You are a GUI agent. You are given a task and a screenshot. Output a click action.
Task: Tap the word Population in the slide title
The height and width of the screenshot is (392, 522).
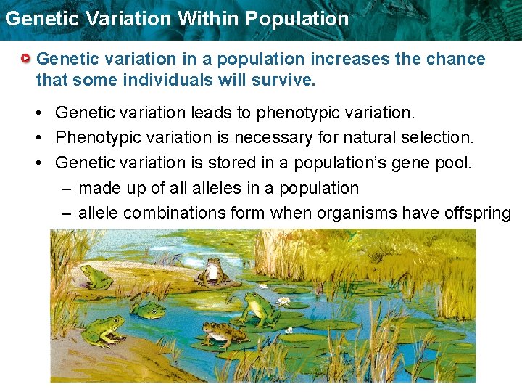297,18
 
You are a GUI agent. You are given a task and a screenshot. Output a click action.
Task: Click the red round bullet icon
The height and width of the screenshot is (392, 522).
26,58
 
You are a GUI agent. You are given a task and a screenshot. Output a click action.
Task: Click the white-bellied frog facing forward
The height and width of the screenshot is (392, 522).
211,270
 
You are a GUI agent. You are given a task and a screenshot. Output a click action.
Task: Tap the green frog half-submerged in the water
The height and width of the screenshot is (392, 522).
148,310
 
